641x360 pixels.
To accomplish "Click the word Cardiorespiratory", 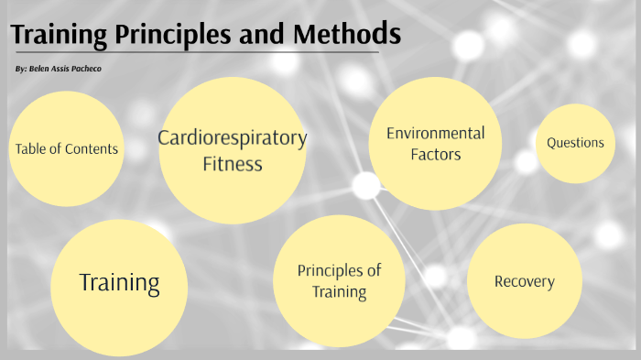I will tap(232, 138).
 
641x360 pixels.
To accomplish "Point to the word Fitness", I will tap(232, 165).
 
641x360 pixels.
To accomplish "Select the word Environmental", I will tap(435, 134).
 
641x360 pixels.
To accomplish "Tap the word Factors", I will tap(435, 155).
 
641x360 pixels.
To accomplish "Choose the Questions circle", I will tap(575, 143).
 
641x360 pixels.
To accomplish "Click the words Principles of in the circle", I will tap(339, 270).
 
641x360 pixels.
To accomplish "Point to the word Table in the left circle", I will tap(30, 149).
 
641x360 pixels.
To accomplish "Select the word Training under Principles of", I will tap(339, 293).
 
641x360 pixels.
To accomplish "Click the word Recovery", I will tap(524, 281).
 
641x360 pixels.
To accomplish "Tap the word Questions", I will tap(575, 143).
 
